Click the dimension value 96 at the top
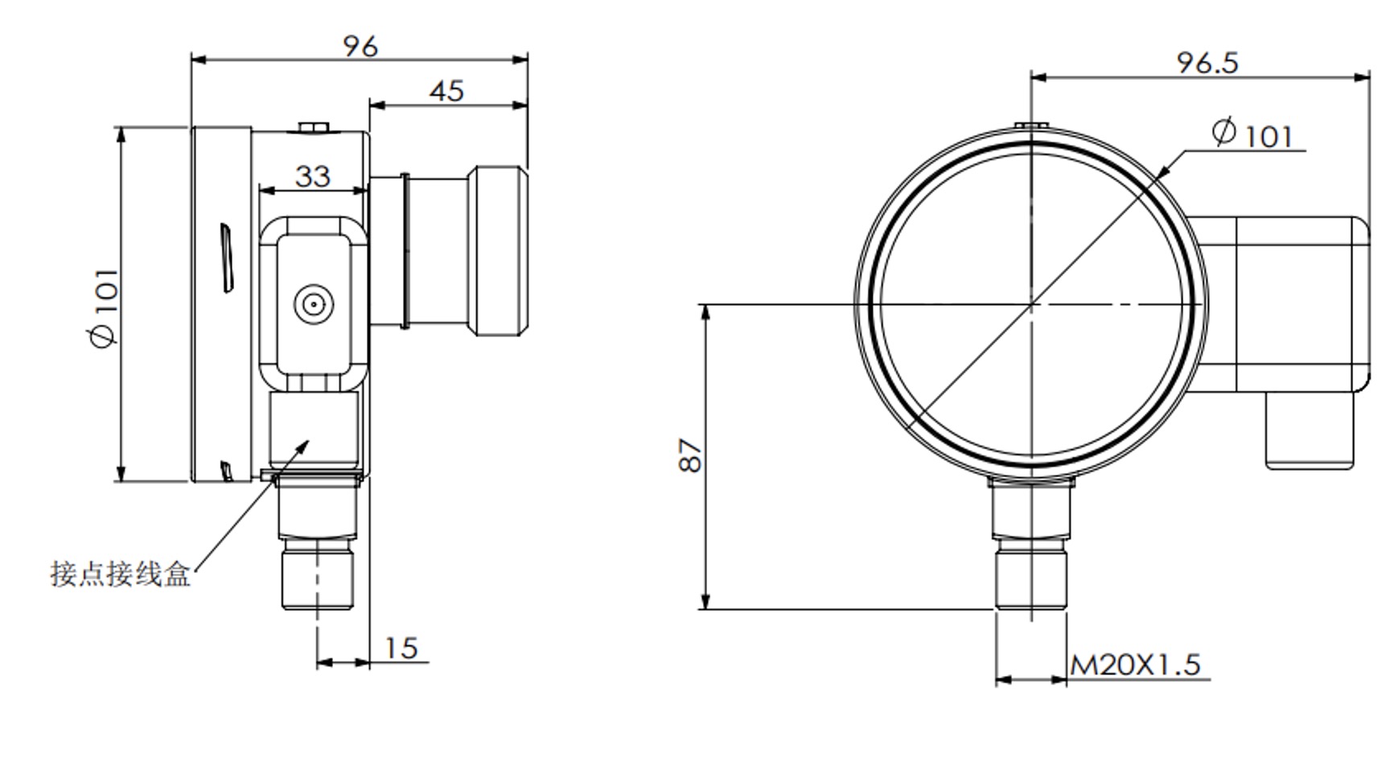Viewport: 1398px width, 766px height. (360, 47)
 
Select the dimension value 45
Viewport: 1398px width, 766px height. (446, 91)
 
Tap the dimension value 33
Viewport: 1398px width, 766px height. (312, 176)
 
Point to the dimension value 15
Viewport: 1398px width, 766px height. (401, 649)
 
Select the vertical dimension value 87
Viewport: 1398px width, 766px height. (690, 455)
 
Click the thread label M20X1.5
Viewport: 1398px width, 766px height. (1135, 665)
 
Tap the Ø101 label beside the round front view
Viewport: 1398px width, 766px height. (1252, 134)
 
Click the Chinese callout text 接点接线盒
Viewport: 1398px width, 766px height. (120, 574)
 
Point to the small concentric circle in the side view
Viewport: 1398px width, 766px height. (313, 304)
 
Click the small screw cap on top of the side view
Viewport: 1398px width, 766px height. (314, 127)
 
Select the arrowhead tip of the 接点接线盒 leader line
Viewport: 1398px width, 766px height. (309, 441)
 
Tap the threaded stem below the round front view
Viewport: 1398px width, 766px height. (1031, 575)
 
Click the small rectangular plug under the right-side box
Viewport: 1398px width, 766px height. (1310, 430)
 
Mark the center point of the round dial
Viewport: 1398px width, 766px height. (1031, 304)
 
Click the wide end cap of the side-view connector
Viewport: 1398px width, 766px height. (502, 251)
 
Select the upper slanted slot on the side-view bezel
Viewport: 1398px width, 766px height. (228, 258)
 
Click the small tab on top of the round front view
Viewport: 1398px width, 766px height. (1030, 126)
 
